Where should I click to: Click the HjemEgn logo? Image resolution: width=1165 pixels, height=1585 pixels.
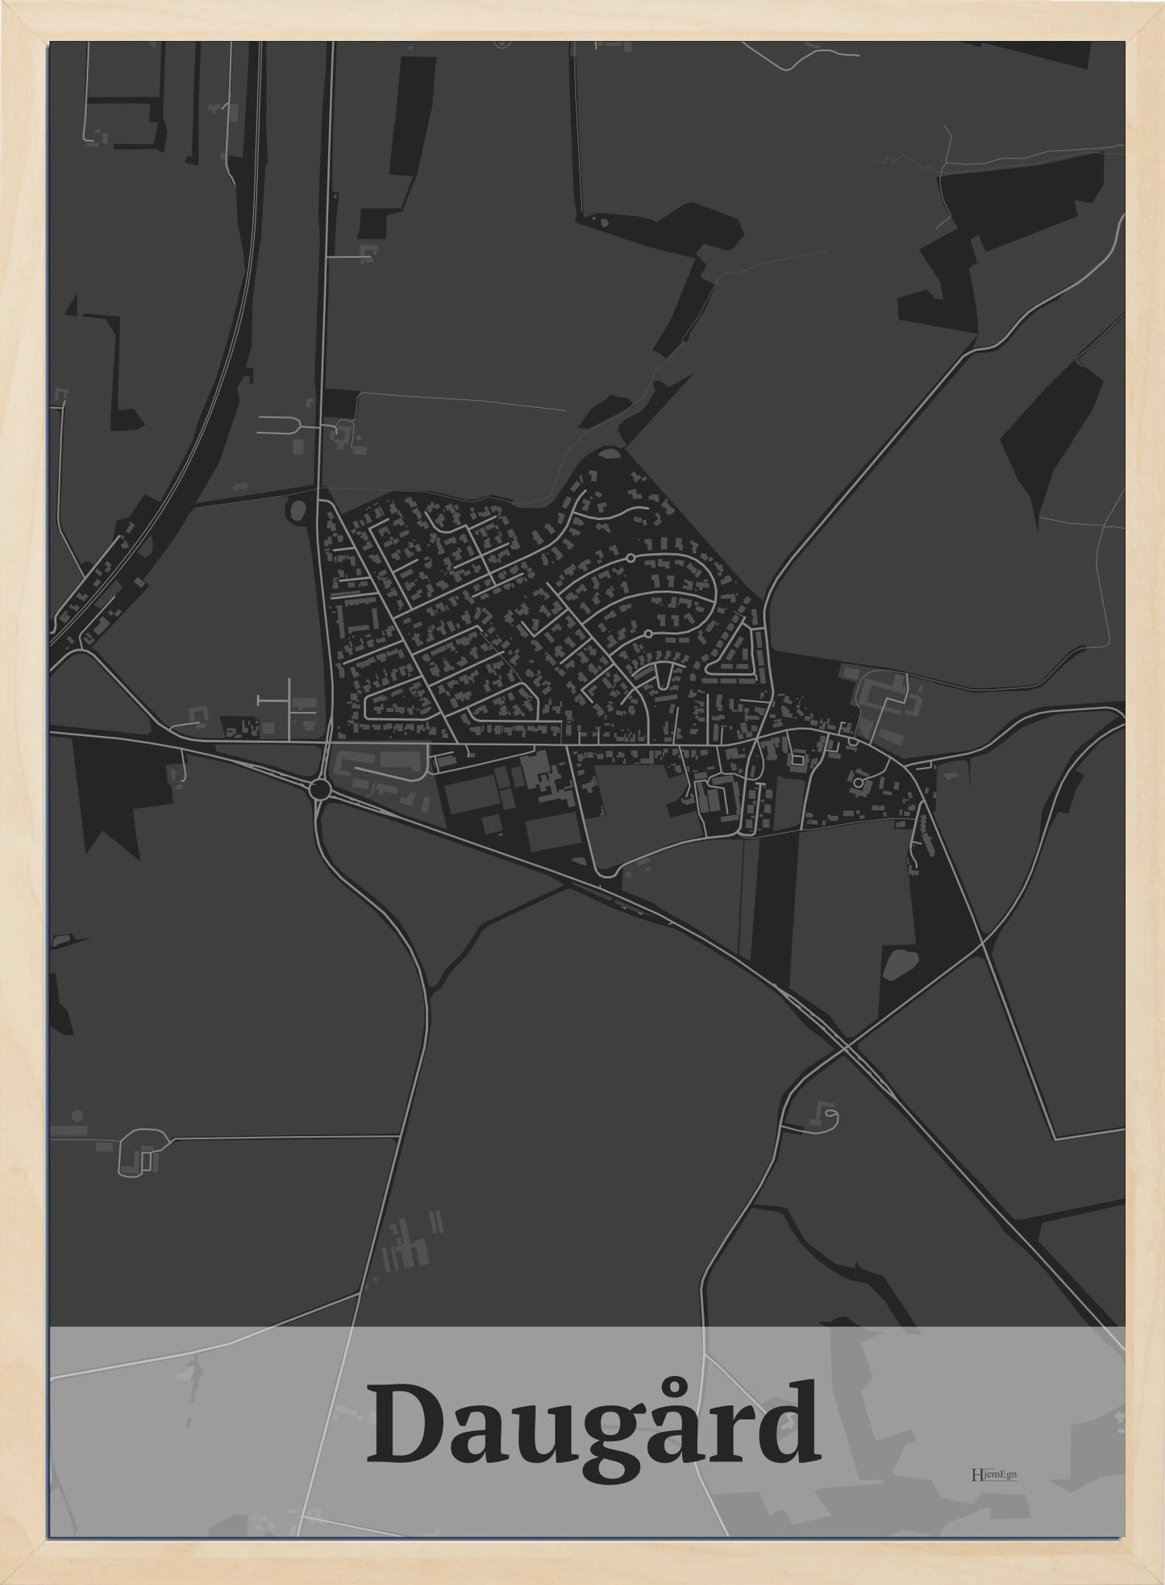(994, 1475)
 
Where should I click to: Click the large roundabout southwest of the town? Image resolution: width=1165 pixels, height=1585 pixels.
(320, 788)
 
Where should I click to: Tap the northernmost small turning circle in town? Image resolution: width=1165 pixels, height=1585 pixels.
(630, 557)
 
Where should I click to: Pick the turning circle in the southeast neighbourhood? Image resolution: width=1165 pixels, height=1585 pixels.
(859, 782)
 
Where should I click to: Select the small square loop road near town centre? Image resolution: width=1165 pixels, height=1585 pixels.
(797, 759)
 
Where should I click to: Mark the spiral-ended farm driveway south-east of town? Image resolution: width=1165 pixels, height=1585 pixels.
(826, 1118)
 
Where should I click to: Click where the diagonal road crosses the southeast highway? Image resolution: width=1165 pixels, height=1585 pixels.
(846, 1047)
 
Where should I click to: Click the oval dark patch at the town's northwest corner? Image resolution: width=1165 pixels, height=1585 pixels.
(297, 509)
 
